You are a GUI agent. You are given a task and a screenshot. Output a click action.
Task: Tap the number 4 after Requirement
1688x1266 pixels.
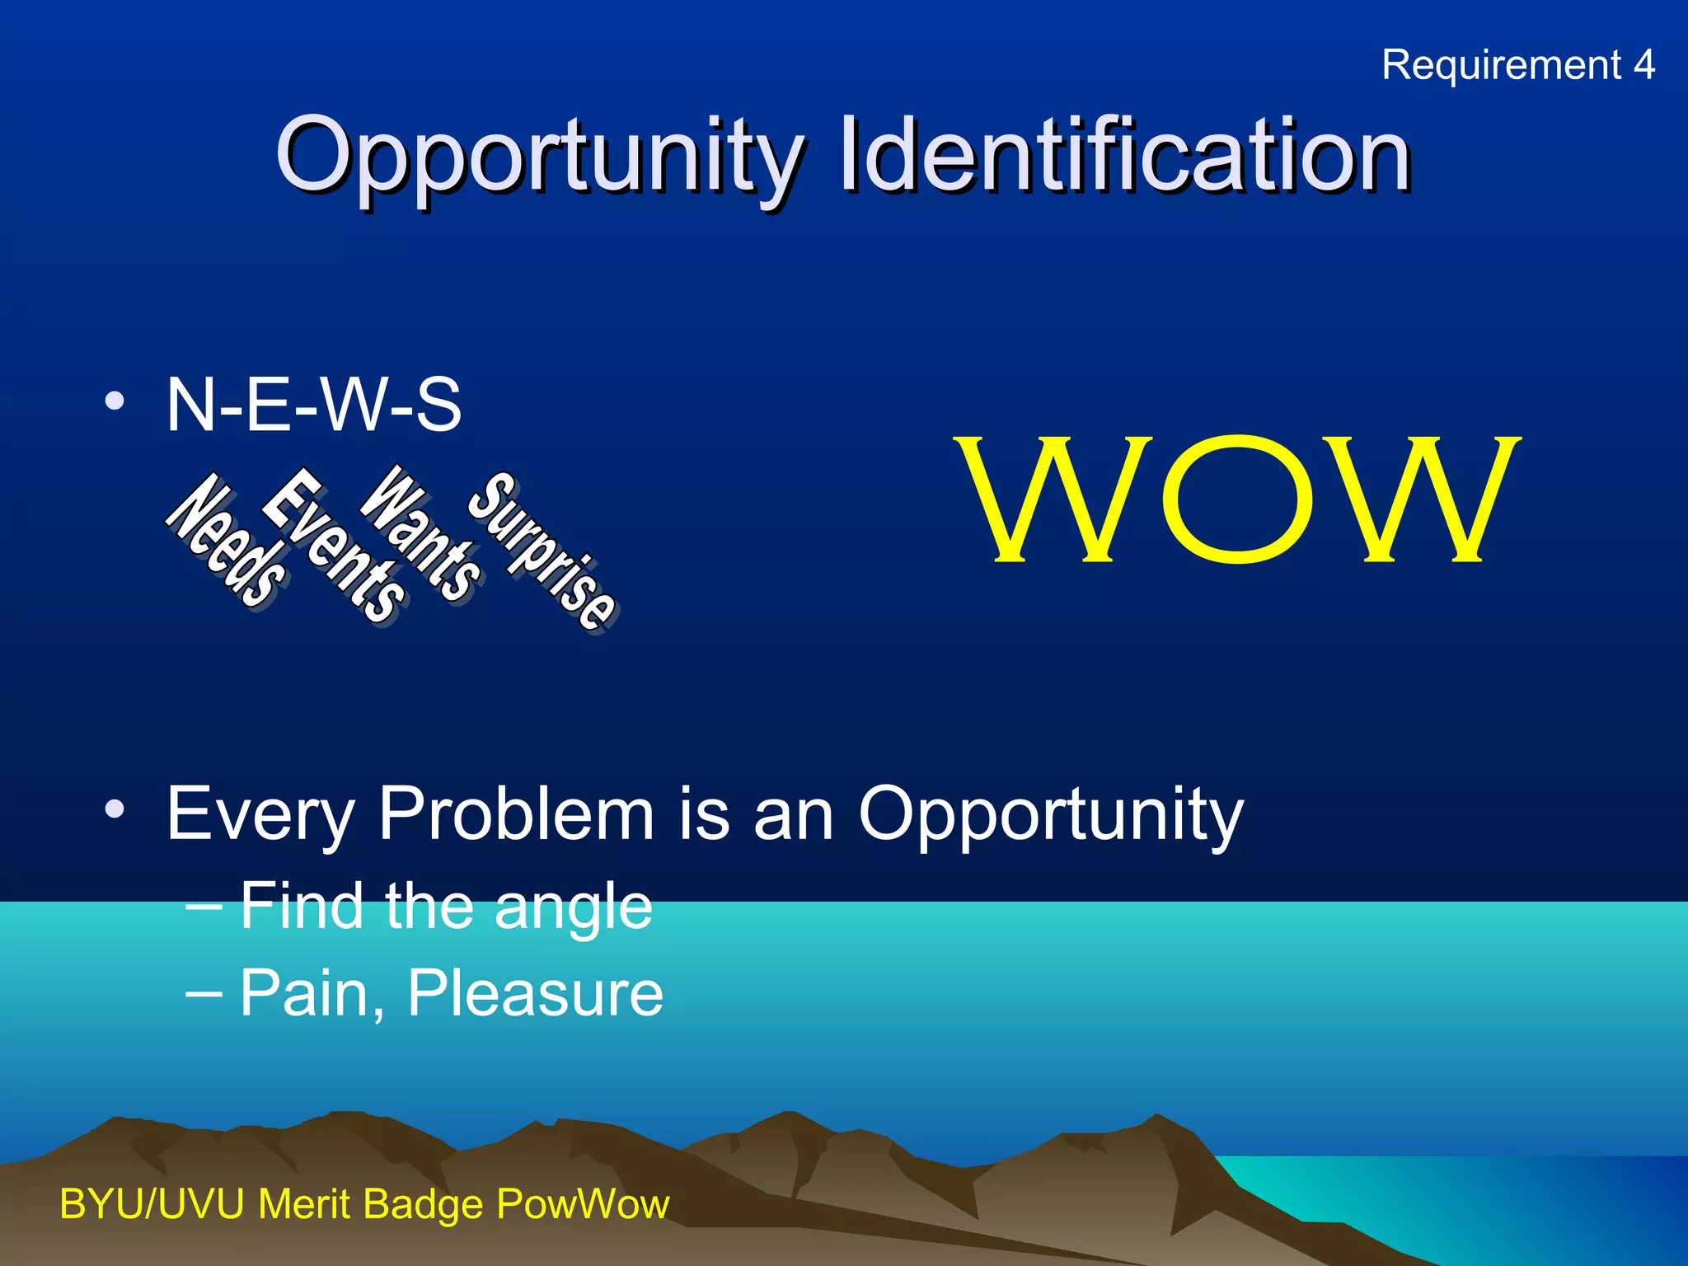coord(1643,64)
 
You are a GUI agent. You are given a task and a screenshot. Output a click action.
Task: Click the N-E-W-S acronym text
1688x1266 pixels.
coord(313,405)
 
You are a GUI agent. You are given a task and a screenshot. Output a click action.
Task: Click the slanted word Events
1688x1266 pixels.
coord(333,545)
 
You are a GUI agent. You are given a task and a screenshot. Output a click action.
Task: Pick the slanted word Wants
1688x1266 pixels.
coord(421,532)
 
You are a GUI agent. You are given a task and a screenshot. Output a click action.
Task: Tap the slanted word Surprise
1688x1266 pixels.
coord(542,551)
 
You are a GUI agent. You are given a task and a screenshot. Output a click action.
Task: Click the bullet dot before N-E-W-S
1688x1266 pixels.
coord(115,402)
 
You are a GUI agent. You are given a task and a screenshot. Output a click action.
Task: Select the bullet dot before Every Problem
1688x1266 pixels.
coord(115,809)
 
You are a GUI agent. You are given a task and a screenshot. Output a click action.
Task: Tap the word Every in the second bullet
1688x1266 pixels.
coord(260,816)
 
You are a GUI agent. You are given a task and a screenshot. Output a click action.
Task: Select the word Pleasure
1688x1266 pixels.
coord(535,993)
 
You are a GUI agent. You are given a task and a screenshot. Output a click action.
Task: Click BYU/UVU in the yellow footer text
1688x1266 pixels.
coord(152,1204)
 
